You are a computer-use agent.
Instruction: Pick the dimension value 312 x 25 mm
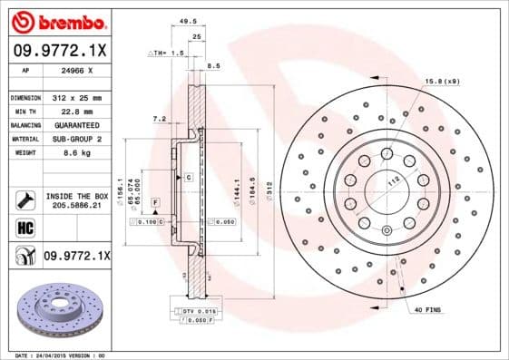coord(75,96)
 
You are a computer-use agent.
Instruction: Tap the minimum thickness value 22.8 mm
coord(69,111)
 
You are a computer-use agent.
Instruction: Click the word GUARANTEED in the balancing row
coord(75,124)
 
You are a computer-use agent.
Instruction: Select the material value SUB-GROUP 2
coord(75,139)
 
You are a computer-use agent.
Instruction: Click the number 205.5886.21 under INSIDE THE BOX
coord(75,206)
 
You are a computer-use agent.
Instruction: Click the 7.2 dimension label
coord(160,119)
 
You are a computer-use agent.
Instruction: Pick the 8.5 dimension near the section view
coord(214,66)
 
